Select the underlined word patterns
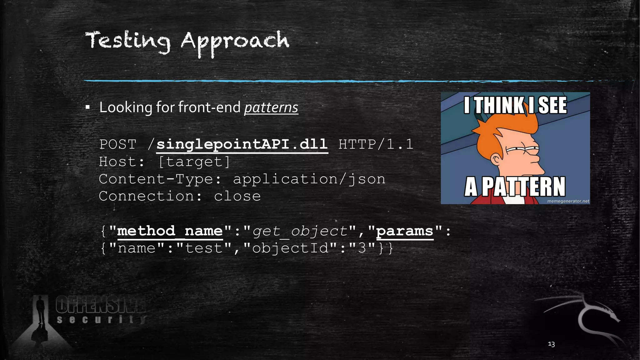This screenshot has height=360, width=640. [x=271, y=107]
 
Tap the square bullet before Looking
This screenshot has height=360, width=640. [x=88, y=108]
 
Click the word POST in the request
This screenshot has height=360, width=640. [x=118, y=145]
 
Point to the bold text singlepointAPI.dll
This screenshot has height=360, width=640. [x=242, y=144]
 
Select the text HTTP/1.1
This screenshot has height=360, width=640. [x=376, y=145]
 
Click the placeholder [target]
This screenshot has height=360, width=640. [x=194, y=162]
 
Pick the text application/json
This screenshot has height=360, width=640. [x=309, y=179]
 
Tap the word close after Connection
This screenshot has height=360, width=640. [x=237, y=196]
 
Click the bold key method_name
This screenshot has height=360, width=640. [x=170, y=231]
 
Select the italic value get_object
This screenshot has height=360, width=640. [x=300, y=232]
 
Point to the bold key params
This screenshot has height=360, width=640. [x=405, y=231]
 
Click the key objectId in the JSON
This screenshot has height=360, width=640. [x=290, y=248]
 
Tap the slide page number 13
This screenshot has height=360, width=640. [x=551, y=344]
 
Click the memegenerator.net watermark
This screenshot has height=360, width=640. [x=568, y=201]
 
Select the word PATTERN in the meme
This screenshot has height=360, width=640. [x=523, y=187]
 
